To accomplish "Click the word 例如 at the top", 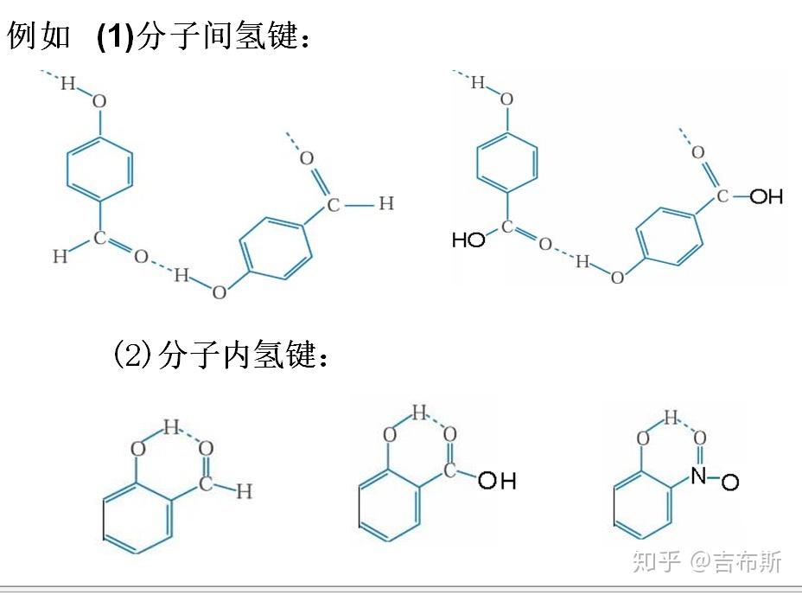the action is pyautogui.click(x=39, y=37).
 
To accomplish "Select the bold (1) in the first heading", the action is pyautogui.click(x=116, y=37).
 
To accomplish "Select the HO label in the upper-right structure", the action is pyautogui.click(x=469, y=240).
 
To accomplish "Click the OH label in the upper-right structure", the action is pyautogui.click(x=766, y=197).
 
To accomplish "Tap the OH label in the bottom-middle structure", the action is pyautogui.click(x=497, y=480).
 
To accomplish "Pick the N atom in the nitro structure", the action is pyautogui.click(x=698, y=474).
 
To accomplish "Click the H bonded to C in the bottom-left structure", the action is pyautogui.click(x=245, y=491).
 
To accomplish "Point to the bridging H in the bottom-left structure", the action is pyautogui.click(x=170, y=426).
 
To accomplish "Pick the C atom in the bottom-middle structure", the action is pyautogui.click(x=449, y=470).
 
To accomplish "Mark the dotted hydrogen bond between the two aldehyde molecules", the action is pyautogui.click(x=161, y=267).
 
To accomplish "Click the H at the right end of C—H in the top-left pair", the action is pyautogui.click(x=385, y=204).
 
